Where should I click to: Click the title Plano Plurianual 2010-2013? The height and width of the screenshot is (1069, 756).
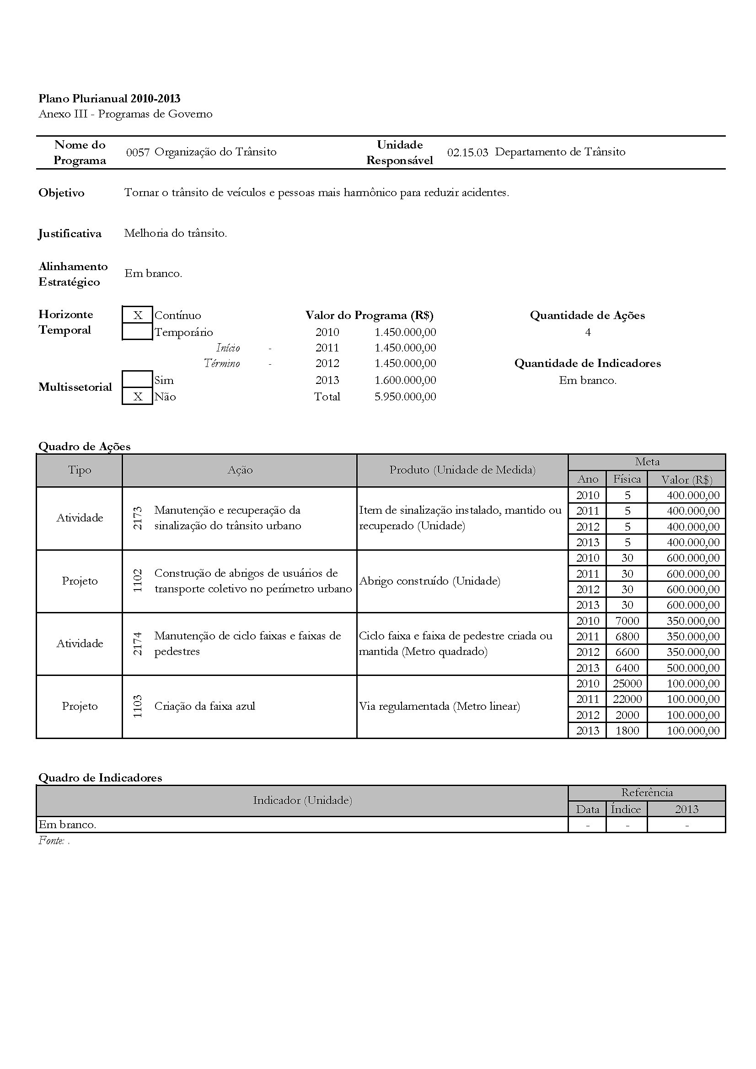click(109, 98)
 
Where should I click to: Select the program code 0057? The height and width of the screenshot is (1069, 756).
click(137, 152)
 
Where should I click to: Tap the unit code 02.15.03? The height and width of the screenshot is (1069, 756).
click(467, 152)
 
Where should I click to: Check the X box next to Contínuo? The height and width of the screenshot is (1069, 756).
click(137, 315)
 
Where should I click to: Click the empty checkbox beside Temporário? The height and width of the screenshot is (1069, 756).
click(137, 332)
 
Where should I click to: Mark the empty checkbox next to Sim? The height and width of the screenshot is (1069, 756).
click(137, 379)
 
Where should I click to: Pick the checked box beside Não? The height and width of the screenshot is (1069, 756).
click(137, 396)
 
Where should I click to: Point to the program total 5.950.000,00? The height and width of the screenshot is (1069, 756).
click(405, 397)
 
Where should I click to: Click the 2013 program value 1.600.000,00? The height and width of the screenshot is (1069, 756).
click(405, 380)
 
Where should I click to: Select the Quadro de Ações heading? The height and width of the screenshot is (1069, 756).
click(84, 447)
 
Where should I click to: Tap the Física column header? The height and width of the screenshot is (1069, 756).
click(627, 479)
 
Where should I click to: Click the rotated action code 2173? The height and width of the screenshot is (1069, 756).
click(138, 518)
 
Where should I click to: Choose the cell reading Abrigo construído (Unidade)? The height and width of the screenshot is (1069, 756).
click(429, 581)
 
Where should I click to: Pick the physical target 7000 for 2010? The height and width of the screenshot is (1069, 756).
click(627, 621)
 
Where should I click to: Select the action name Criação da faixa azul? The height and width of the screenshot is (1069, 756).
click(204, 706)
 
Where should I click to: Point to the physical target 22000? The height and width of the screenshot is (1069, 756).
click(627, 699)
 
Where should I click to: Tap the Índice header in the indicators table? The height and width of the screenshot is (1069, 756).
click(626, 809)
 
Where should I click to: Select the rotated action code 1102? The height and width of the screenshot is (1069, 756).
click(138, 581)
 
